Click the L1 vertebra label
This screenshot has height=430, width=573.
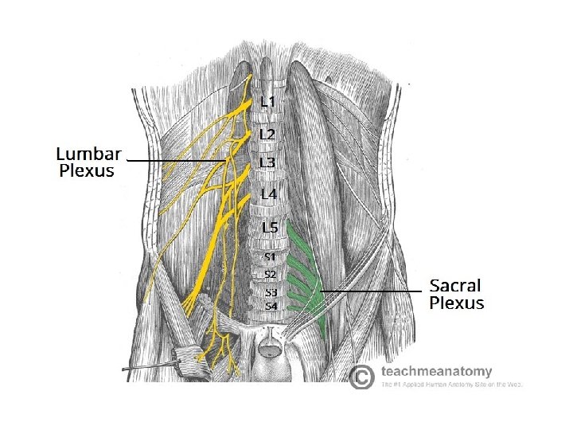click(x=268, y=102)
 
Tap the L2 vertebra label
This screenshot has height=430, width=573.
click(x=268, y=135)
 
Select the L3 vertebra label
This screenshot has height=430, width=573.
click(x=268, y=162)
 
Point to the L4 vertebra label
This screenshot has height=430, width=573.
click(x=268, y=194)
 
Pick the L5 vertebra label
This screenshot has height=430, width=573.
click(x=271, y=228)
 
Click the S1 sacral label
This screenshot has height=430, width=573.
click(x=271, y=256)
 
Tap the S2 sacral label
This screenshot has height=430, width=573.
click(x=271, y=275)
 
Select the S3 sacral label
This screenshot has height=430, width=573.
click(x=271, y=292)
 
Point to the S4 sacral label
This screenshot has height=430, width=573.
click(x=271, y=306)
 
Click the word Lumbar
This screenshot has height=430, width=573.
click(x=88, y=154)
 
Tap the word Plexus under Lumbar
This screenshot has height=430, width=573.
click(x=88, y=170)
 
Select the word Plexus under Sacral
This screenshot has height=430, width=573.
click(x=457, y=303)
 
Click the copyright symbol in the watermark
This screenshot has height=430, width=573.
click(x=362, y=376)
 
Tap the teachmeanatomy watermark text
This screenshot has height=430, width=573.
click(x=436, y=371)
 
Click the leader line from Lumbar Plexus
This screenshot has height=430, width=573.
click(x=175, y=161)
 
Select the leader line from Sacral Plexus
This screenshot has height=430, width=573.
click(x=370, y=292)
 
